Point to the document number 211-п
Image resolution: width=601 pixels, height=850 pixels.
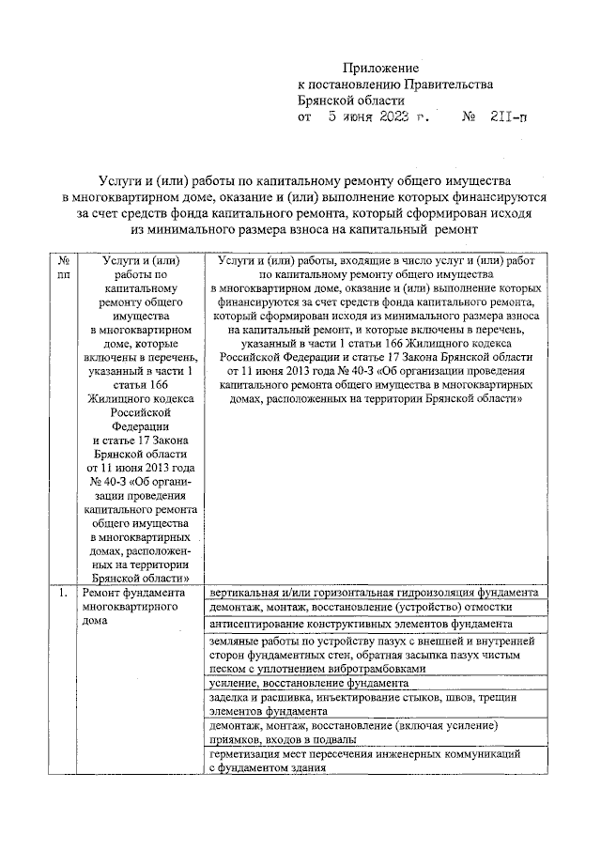509,118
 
